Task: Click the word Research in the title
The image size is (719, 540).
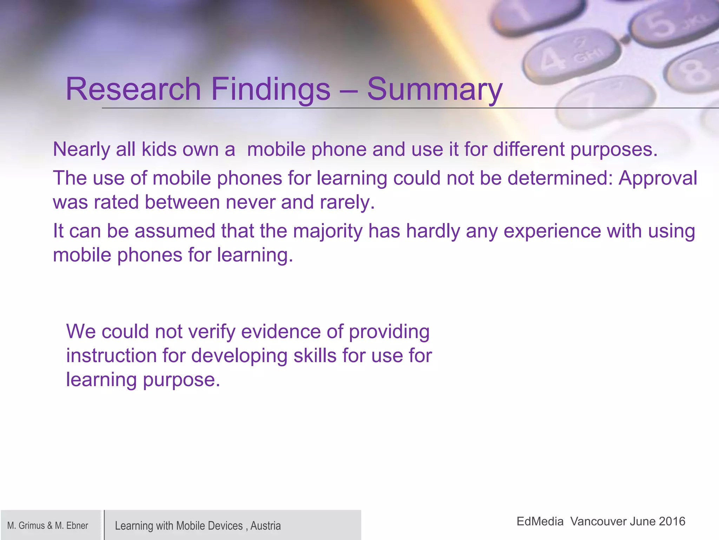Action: pos(133,89)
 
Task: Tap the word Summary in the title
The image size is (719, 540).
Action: pos(435,90)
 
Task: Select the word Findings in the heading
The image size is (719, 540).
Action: pos(271,90)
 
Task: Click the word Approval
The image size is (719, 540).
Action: pos(658,179)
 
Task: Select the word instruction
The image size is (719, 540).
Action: pos(111,356)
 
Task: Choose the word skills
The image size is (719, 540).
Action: pos(315,356)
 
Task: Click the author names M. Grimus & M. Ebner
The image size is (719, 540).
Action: pos(48,526)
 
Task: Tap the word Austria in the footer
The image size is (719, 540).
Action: pos(265,526)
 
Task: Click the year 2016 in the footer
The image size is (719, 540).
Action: pos(672,521)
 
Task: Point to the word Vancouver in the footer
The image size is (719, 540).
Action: pos(596,521)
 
